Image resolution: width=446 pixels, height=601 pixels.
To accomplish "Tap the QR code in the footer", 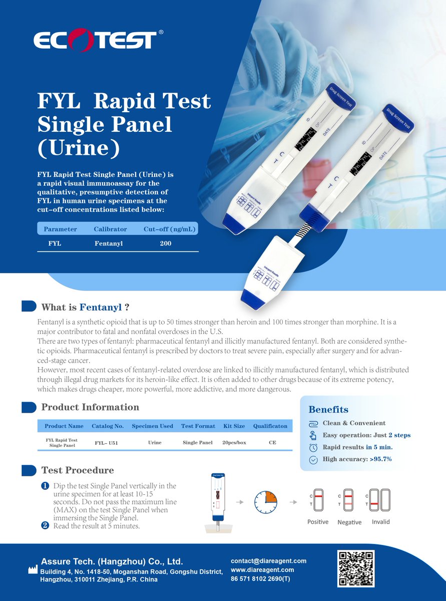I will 356,568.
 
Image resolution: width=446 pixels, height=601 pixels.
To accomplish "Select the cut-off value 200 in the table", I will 165,243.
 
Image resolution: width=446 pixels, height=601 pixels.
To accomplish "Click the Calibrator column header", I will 110,229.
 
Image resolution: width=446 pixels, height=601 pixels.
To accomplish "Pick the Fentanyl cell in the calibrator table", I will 109,243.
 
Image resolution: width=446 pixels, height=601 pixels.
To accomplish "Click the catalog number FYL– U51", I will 106,443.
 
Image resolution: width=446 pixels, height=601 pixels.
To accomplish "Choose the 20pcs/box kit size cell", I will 234,443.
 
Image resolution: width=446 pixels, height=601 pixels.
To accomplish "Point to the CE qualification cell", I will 272,443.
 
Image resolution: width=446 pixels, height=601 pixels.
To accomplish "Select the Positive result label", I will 318,522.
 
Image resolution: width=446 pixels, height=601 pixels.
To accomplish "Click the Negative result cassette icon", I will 349,499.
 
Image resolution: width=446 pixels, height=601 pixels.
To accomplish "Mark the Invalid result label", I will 380,522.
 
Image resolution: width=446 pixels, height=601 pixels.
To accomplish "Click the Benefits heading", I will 328,410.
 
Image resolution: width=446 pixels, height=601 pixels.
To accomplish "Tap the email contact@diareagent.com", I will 268,561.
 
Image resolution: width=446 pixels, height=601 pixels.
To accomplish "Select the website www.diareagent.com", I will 262,570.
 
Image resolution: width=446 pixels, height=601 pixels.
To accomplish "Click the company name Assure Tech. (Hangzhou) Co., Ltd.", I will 112,561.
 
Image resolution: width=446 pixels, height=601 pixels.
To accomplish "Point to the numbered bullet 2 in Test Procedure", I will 45,525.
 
